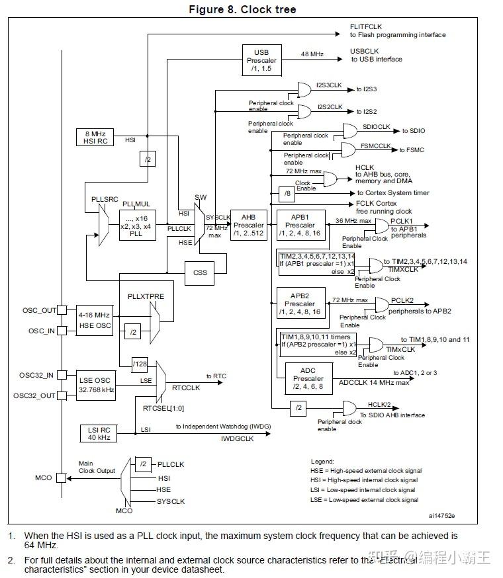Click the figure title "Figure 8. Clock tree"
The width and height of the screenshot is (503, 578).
(x=242, y=9)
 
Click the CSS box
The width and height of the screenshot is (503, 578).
(x=200, y=271)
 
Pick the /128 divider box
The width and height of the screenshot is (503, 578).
(x=140, y=364)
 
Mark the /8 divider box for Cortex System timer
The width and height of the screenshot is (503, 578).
(x=286, y=193)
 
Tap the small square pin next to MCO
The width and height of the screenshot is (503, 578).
(x=62, y=477)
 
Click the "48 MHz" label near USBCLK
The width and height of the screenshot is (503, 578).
(x=312, y=54)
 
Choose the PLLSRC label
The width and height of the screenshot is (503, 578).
(x=104, y=198)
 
